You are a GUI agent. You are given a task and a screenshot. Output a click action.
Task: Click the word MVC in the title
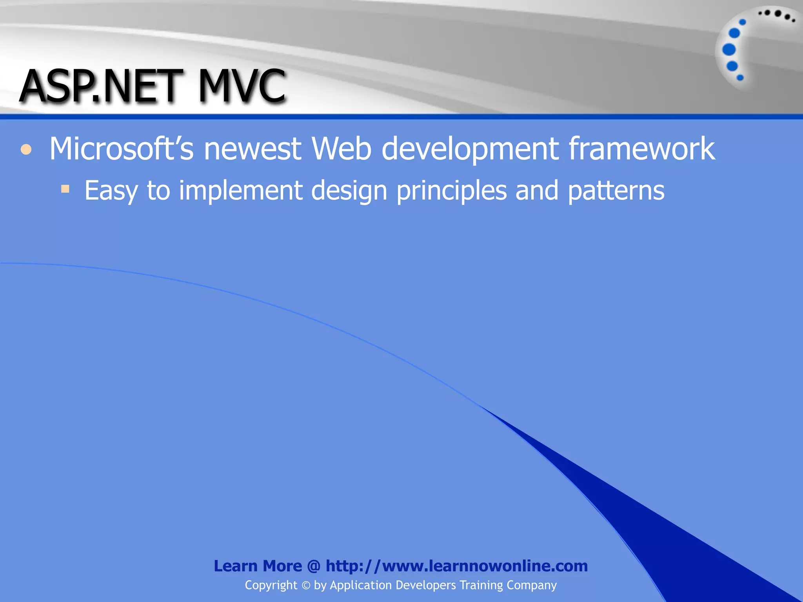[x=242, y=86]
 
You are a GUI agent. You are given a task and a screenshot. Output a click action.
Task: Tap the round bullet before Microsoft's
[x=26, y=149]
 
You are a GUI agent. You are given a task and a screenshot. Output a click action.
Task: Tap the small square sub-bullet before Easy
[x=65, y=190]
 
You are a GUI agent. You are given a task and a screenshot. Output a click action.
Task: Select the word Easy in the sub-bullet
[x=111, y=191]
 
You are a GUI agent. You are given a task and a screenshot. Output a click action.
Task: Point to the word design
[x=349, y=191]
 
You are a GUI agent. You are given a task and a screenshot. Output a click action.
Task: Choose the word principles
[x=451, y=191]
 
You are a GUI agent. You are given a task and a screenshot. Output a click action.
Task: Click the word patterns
[x=616, y=191]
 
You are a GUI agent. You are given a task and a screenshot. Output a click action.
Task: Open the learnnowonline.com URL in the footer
[x=457, y=566]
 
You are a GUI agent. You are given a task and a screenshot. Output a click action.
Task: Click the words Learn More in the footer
[x=258, y=566]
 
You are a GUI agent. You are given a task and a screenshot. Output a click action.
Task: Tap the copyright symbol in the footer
[x=306, y=586]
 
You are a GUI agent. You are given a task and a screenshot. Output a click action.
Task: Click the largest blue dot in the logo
[x=729, y=50]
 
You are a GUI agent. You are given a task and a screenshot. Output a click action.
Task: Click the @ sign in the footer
[x=314, y=566]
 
